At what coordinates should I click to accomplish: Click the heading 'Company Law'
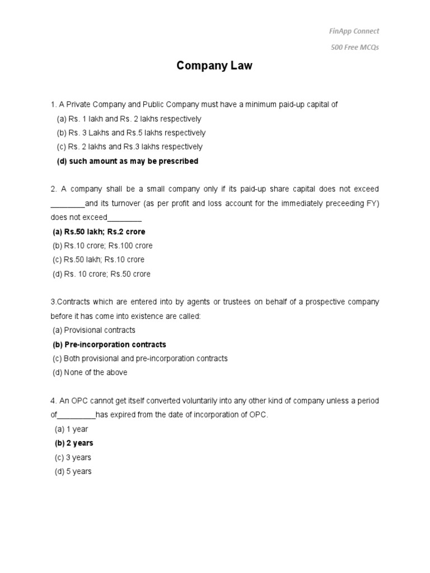click(214, 66)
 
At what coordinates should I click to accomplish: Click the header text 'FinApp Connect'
click(354, 31)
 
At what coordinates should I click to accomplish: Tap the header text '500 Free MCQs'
click(354, 47)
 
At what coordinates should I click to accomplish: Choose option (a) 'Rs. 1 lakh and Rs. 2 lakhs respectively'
click(129, 119)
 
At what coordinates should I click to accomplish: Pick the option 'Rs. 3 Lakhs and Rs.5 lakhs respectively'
click(131, 133)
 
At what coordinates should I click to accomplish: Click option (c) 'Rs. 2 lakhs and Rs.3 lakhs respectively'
click(129, 147)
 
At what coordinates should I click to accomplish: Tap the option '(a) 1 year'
click(71, 429)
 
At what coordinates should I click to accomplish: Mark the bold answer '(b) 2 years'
click(74, 443)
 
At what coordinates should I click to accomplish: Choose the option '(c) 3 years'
click(73, 457)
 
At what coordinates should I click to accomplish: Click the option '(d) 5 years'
click(73, 472)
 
